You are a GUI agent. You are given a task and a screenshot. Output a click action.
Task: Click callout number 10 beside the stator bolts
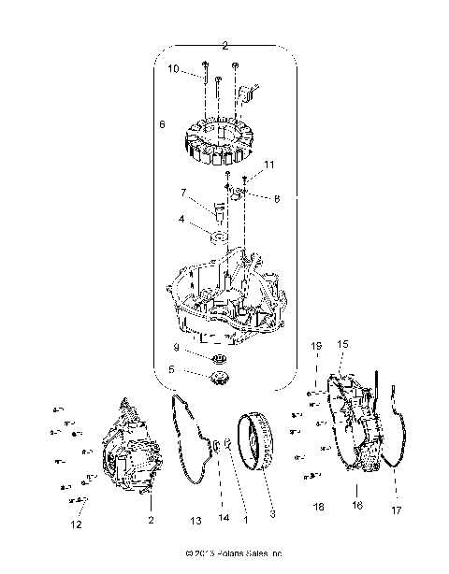point(173,69)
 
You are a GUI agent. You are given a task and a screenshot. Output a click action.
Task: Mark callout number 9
point(175,348)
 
